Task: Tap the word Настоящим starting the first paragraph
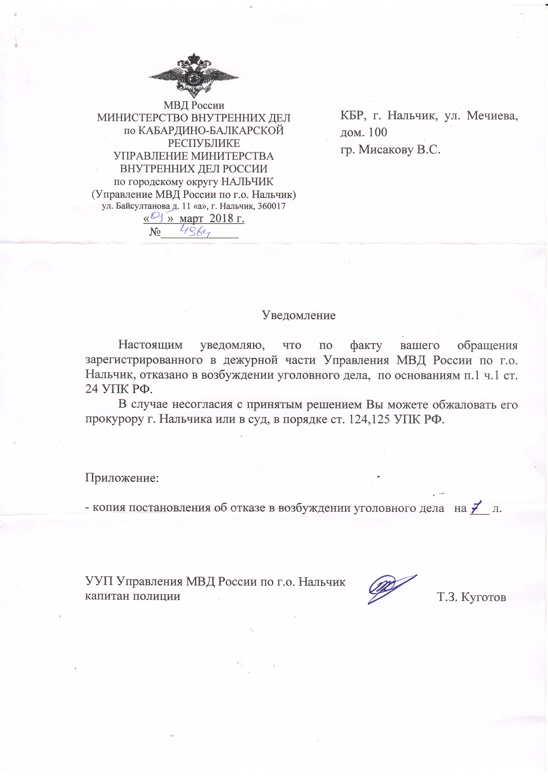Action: pyautogui.click(x=150, y=345)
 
